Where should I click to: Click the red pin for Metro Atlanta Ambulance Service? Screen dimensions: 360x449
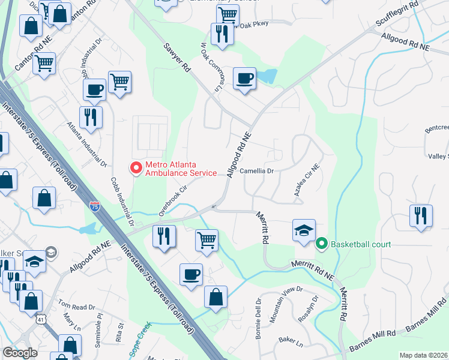coord(136,167)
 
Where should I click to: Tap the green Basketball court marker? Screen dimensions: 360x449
coord(321,244)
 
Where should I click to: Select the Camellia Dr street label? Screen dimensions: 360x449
coord(257,171)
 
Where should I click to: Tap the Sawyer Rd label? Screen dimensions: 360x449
coord(176,58)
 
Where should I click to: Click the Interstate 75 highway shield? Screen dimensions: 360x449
coord(95,206)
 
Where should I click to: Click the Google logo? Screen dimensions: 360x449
coord(20,353)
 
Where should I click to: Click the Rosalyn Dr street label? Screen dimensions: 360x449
coord(307,310)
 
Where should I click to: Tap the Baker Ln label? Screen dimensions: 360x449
coord(291,341)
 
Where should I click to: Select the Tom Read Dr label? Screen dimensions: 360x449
coord(76,306)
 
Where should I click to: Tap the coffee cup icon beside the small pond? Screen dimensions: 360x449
coord(244,78)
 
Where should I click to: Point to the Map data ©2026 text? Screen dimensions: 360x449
coord(424,355)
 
